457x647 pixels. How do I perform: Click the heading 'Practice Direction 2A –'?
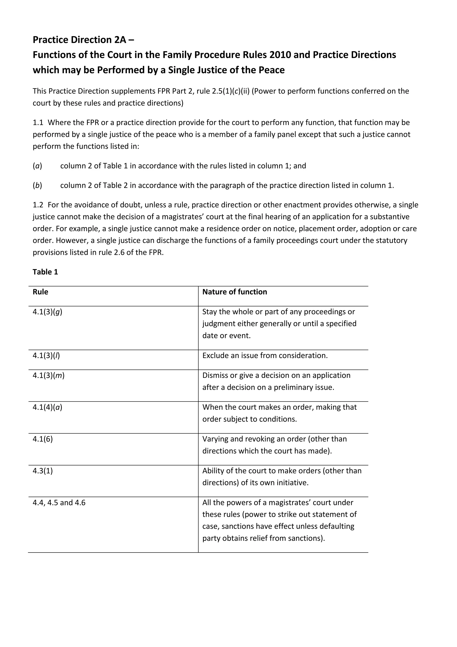click(x=83, y=40)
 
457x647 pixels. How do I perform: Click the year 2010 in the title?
click(x=280, y=55)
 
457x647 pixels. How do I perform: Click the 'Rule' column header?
click(x=40, y=292)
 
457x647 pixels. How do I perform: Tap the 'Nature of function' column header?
click(x=235, y=292)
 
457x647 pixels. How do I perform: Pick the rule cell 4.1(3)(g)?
click(x=47, y=312)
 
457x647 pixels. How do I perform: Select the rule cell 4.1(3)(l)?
click(x=46, y=355)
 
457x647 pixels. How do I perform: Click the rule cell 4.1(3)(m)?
click(x=48, y=375)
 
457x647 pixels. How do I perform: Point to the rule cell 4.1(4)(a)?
click(x=47, y=407)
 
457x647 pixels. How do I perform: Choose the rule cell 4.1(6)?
click(x=43, y=439)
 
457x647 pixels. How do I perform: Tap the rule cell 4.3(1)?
click(x=43, y=471)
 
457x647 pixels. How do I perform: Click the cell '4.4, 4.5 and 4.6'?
click(x=59, y=503)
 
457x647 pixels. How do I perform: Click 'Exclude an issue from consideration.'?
click(x=265, y=355)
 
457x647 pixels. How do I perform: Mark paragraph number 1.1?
click(x=38, y=123)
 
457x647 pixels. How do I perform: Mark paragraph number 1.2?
click(x=38, y=205)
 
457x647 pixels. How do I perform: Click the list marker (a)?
click(x=37, y=166)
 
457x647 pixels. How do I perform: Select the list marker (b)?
click(x=37, y=185)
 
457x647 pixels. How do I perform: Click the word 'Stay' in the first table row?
click(x=210, y=312)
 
